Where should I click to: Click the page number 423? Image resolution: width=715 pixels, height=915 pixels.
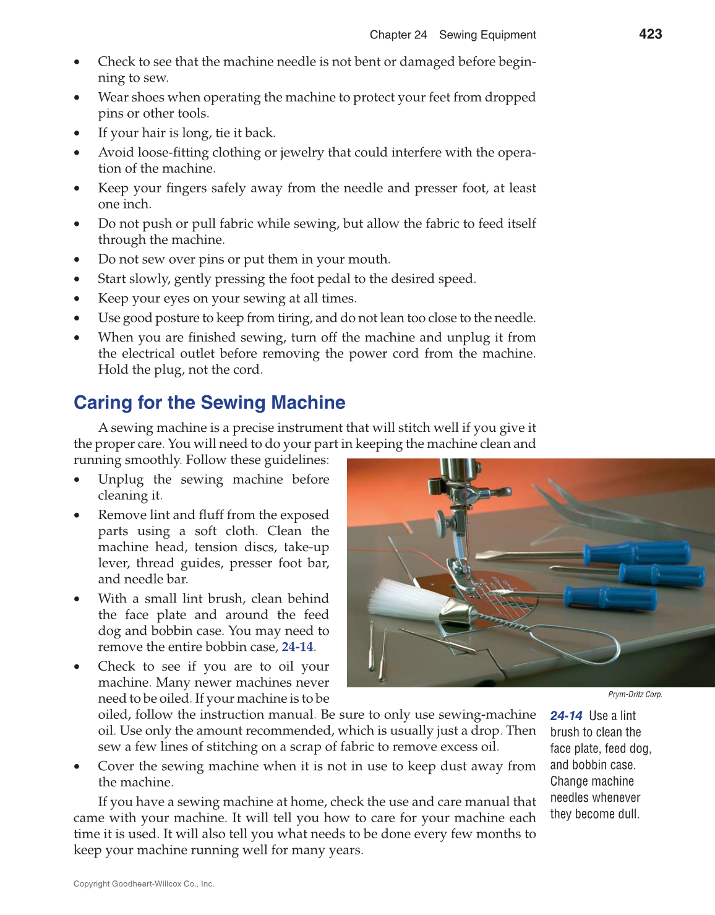pyautogui.click(x=650, y=35)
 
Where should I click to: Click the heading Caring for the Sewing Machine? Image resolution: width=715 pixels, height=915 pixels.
pyautogui.click(x=209, y=403)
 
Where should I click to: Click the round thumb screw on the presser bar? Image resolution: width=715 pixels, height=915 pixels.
pyautogui.click(x=441, y=518)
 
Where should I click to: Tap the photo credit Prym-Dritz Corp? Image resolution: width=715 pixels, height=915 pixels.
pyautogui.click(x=635, y=695)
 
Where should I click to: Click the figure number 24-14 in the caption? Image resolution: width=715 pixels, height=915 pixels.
pyautogui.click(x=566, y=716)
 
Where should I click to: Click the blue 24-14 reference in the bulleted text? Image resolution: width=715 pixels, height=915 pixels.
pyautogui.click(x=298, y=647)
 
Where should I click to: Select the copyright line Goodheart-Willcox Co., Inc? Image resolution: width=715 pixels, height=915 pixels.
pyautogui.click(x=143, y=884)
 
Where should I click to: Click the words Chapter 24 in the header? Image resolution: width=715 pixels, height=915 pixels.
pyautogui.click(x=398, y=35)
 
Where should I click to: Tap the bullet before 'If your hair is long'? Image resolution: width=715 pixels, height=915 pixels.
pyautogui.click(x=77, y=134)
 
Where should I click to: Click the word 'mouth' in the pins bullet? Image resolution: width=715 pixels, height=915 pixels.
pyautogui.click(x=369, y=259)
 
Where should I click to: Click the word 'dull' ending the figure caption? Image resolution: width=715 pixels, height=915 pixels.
pyautogui.click(x=627, y=814)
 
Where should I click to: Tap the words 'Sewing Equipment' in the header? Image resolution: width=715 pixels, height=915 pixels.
pyautogui.click(x=487, y=35)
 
